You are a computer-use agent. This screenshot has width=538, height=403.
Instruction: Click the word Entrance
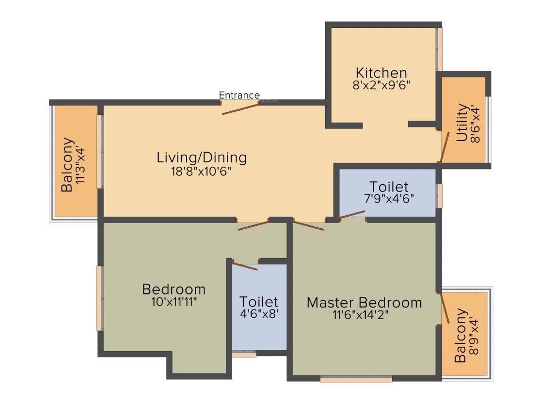coord(239,95)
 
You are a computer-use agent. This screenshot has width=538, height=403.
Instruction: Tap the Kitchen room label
coord(381,73)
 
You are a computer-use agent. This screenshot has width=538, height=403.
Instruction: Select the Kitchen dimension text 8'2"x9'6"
coord(381,85)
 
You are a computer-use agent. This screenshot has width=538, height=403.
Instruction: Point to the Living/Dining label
coord(202,157)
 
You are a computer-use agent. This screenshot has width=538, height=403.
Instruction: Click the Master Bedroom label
coord(364,303)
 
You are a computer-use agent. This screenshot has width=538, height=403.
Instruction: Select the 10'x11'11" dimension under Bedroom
coord(174,302)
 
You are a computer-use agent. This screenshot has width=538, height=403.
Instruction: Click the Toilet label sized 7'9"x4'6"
coord(389,187)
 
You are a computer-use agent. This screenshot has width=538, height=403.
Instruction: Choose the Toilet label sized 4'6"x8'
coord(258,302)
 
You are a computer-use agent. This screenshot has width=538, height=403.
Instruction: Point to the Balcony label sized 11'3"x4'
coord(67,165)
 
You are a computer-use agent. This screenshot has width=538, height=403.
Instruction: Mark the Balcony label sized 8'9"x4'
coord(461,335)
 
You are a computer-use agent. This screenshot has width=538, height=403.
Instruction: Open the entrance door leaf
coord(241,109)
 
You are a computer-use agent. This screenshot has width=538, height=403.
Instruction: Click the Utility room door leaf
coord(444,147)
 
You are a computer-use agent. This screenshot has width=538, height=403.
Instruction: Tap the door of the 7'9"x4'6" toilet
coord(352,214)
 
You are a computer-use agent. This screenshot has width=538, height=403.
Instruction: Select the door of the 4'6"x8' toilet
coord(245,266)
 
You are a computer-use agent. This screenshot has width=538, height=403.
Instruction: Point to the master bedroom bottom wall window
coord(356,379)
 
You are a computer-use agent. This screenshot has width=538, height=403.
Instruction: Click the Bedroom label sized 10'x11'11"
coord(174,289)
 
